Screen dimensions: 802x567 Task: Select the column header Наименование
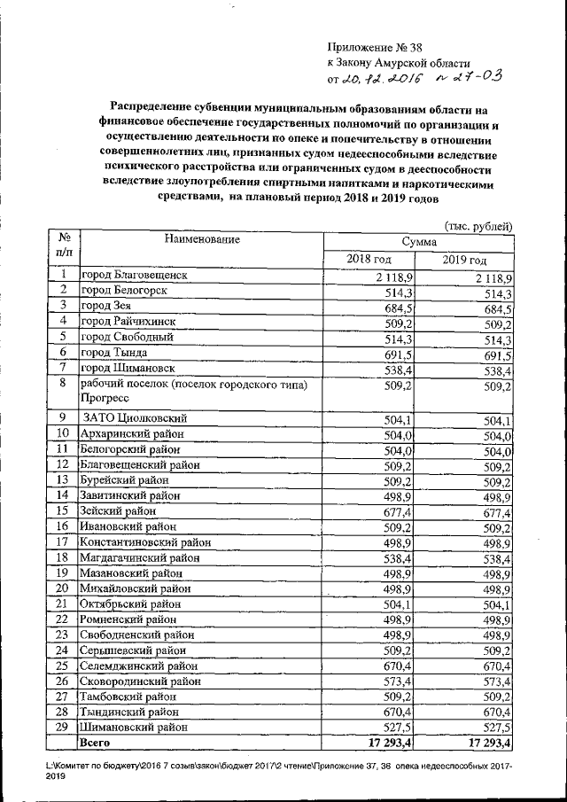click(200, 239)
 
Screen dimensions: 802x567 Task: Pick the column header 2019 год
click(465, 260)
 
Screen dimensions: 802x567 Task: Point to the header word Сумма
click(418, 241)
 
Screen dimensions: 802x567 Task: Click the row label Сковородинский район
click(139, 681)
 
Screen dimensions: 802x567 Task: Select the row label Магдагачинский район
click(141, 557)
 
